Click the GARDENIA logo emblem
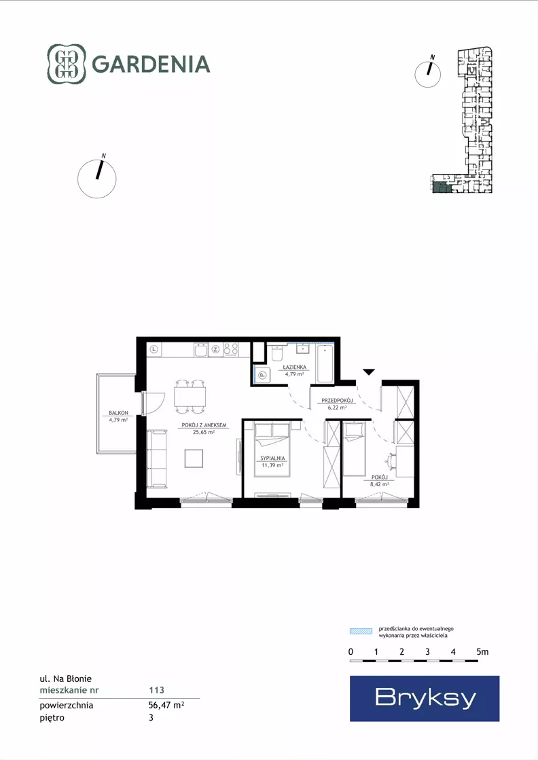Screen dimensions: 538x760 coord(67,64)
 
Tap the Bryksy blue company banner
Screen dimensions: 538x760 coord(425,698)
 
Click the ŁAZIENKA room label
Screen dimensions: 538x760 coord(295,367)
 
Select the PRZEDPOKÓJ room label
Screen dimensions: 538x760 coord(337,401)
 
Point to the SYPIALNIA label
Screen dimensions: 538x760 coord(272,458)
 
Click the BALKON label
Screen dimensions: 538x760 coord(118,413)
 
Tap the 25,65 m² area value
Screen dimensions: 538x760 coord(204,432)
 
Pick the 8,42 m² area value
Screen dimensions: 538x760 coord(380,484)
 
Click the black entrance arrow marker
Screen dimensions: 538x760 coord(369,372)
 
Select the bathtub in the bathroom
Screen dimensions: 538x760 coord(325,363)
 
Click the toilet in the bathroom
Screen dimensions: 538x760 coord(277,353)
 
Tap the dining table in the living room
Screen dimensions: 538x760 coord(190,397)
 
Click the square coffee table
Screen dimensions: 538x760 coord(194,458)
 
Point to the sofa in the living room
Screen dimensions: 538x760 coord(156,458)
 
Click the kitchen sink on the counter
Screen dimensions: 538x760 coord(201,350)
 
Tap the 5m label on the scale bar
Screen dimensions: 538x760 coord(482,652)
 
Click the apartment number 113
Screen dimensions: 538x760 coord(156,690)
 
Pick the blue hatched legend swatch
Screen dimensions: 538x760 coord(361,631)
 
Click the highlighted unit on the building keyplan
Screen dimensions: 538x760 coord(441,188)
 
